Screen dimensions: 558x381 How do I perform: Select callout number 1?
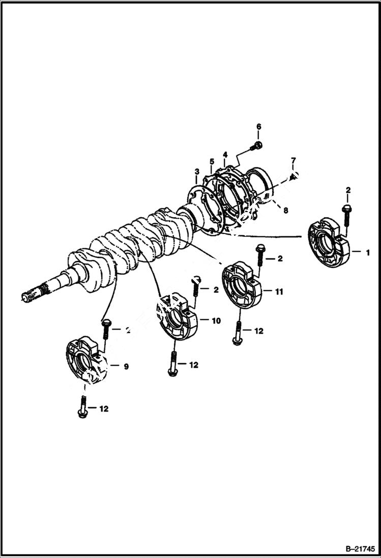367,252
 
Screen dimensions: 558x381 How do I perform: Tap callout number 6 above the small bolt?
258,126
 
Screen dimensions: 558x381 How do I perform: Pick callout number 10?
216,321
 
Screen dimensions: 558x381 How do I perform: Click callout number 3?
197,173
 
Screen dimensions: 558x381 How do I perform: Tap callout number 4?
224,154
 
